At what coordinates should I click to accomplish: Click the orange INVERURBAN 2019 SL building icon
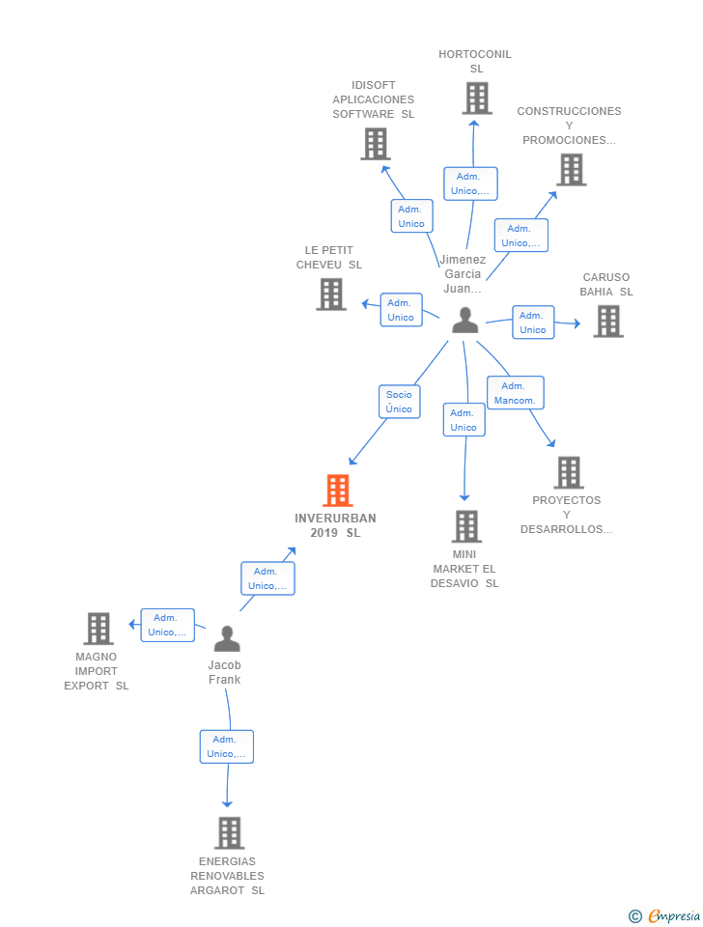(338, 491)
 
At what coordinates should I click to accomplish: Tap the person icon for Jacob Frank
(227, 638)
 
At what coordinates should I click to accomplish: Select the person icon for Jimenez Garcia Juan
(465, 320)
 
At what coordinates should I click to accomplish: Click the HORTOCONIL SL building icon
(476, 98)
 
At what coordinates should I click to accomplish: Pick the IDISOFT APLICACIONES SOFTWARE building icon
(376, 144)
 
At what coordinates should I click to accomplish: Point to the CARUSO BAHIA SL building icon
(608, 321)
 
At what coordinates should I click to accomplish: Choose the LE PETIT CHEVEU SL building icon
(331, 295)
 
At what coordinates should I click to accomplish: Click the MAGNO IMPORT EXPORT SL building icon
(98, 629)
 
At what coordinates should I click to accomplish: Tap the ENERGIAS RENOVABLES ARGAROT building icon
(230, 833)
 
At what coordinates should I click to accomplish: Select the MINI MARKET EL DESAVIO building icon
(466, 526)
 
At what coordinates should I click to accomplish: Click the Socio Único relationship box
(399, 402)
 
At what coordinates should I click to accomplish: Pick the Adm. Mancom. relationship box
(515, 393)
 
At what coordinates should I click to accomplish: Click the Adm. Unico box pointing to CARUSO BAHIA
(533, 323)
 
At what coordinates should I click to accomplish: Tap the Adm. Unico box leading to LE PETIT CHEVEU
(401, 310)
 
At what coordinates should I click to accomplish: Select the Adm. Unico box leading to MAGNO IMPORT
(167, 625)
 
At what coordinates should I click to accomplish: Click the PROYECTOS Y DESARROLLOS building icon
(569, 472)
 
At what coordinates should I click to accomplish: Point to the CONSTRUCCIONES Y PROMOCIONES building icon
(572, 170)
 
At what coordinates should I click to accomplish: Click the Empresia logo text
(674, 915)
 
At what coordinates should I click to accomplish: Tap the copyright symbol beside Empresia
(635, 916)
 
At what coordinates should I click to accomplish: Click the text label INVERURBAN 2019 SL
(335, 525)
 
